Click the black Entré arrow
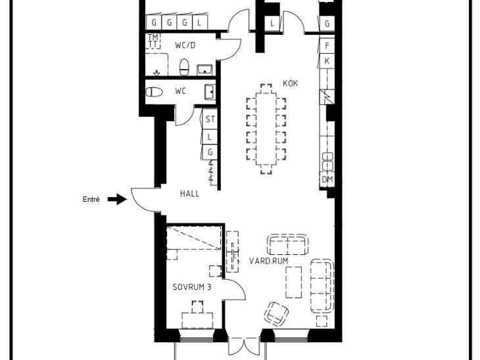pyautogui.click(x=117, y=200)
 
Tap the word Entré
pyautogui.click(x=91, y=200)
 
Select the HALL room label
pyautogui.click(x=189, y=194)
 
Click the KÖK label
pyautogui.click(x=290, y=83)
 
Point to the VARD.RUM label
pyautogui.click(x=268, y=261)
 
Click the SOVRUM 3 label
pyautogui.click(x=191, y=287)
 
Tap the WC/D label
pyautogui.click(x=185, y=45)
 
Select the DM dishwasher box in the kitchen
pyautogui.click(x=327, y=179)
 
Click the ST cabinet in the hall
pyautogui.click(x=210, y=119)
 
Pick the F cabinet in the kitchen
pyautogui.click(x=327, y=46)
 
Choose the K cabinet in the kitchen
pyautogui.click(x=327, y=61)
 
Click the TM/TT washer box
pyautogui.click(x=153, y=41)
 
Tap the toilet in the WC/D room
pyautogui.click(x=184, y=67)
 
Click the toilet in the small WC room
pyautogui.click(x=154, y=92)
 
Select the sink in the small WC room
pyautogui.click(x=210, y=92)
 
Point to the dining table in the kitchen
pyautogui.click(x=266, y=129)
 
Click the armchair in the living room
pyautogui.click(x=276, y=314)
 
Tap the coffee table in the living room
pyautogui.click(x=293, y=282)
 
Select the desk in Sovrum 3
pyautogui.click(x=197, y=320)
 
